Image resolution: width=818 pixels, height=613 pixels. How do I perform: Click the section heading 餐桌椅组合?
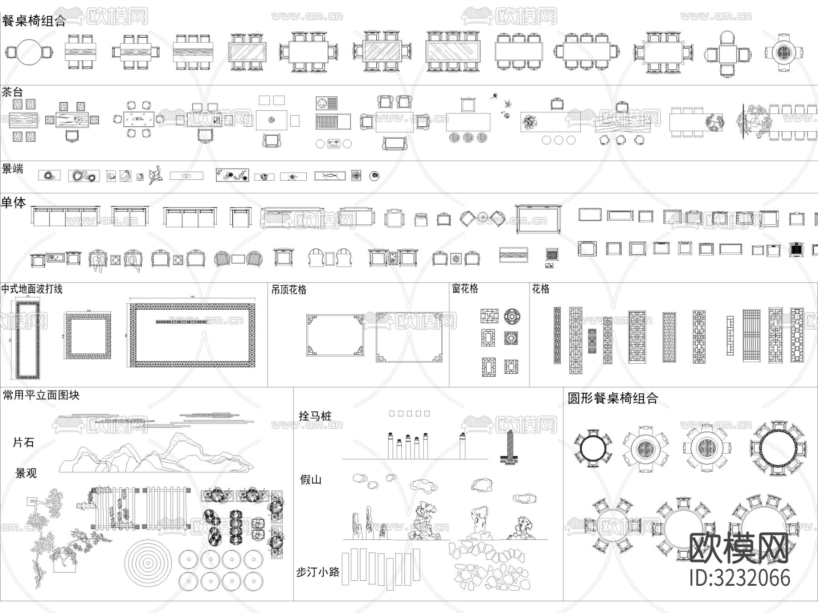click(x=34, y=21)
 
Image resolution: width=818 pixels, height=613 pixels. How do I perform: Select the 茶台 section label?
click(x=12, y=92)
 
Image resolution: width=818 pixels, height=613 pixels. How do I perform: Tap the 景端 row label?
click(x=13, y=169)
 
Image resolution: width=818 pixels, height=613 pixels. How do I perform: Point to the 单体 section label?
click(x=14, y=203)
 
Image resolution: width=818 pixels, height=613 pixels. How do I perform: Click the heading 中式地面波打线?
click(x=32, y=289)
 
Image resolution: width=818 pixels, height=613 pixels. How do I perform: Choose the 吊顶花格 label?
click(x=289, y=290)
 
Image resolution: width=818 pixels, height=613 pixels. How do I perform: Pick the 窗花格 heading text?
click(x=465, y=289)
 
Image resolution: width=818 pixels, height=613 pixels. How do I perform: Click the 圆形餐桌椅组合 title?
click(x=613, y=399)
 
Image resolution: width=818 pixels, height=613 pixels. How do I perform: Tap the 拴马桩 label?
click(x=315, y=415)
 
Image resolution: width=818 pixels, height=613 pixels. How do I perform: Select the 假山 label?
click(x=311, y=480)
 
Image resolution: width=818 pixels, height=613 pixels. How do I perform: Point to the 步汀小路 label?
click(x=318, y=572)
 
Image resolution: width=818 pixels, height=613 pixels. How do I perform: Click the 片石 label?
click(x=24, y=442)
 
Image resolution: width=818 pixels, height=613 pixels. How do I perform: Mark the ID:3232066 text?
click(x=739, y=578)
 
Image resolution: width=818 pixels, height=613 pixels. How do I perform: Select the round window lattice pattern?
click(x=512, y=316)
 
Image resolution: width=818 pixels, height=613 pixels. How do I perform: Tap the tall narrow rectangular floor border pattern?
click(x=28, y=339)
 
